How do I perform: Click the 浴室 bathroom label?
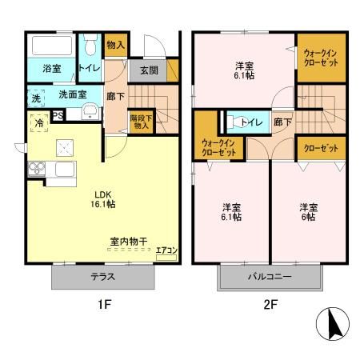(x=52, y=69)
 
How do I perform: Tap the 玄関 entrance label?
(x=149, y=70)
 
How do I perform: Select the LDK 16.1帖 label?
(x=104, y=199)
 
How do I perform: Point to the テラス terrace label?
(x=103, y=277)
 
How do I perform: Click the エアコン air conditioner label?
(x=166, y=250)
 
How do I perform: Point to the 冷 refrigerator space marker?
(x=38, y=123)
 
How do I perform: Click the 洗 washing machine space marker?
(x=35, y=98)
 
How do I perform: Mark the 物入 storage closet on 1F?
(x=116, y=44)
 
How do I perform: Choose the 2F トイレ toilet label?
(x=250, y=122)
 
